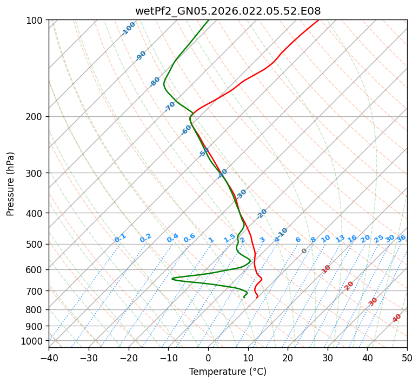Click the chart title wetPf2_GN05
[x=228, y=11]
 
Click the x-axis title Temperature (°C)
[x=228, y=372]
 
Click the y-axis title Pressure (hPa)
[x=11, y=184]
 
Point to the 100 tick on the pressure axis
[x=37, y=20]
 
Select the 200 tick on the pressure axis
[x=37, y=116]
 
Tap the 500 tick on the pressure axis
[x=37, y=244]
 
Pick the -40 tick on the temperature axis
[x=49, y=358]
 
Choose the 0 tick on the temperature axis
[x=208, y=358]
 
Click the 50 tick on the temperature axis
[x=407, y=358]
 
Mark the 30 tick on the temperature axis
[x=328, y=358]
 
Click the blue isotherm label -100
[x=128, y=28]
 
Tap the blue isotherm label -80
[x=155, y=82]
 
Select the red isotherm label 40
[x=397, y=318]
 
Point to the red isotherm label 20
[x=349, y=285]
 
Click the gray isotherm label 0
[x=304, y=251]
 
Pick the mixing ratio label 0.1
[x=120, y=238]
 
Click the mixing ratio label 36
[x=401, y=238]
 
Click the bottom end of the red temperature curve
[x=256, y=298]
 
